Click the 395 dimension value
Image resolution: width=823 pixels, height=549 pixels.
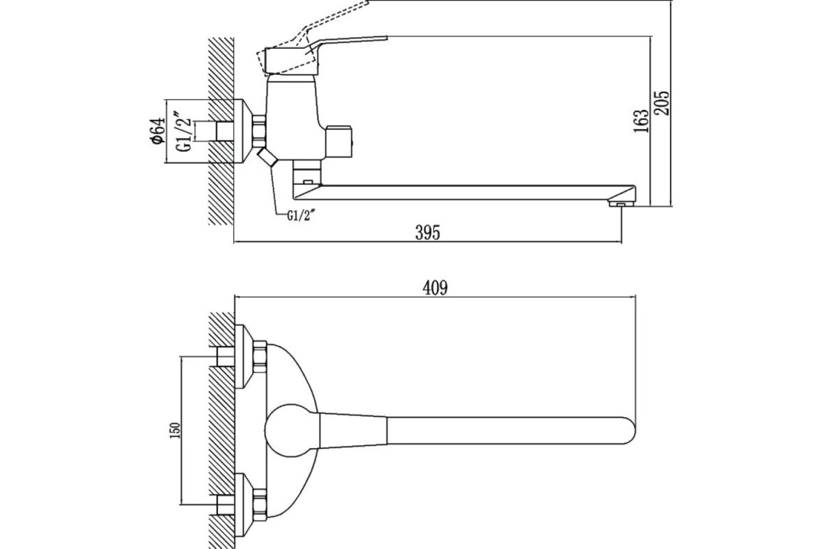(427, 233)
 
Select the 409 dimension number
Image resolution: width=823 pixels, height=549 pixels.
(435, 288)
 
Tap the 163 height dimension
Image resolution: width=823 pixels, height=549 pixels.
(641, 121)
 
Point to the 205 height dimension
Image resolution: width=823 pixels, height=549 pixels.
(662, 103)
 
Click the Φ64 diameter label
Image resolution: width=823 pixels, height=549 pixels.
(157, 130)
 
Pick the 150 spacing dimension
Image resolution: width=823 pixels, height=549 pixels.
(176, 430)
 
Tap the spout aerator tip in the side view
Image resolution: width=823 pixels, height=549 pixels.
(621, 203)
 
